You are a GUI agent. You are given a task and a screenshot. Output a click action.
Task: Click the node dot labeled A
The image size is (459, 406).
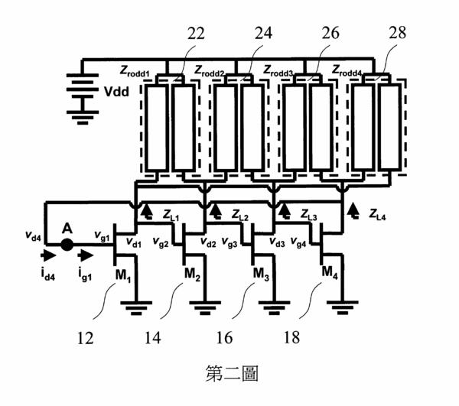(x=67, y=245)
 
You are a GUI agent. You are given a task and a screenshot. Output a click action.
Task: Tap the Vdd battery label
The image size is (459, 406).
(x=116, y=92)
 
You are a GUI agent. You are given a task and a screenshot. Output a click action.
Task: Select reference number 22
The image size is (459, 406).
(x=196, y=34)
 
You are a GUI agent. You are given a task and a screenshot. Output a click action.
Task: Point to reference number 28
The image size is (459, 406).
(x=397, y=32)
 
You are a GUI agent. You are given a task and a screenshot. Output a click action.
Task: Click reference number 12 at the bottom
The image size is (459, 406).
(x=85, y=338)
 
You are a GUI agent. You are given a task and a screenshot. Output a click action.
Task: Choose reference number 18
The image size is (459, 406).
(x=291, y=337)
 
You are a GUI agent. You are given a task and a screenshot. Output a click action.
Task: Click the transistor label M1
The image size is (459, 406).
(x=123, y=275)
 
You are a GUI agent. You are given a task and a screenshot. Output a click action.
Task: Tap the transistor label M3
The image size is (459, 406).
(x=261, y=274)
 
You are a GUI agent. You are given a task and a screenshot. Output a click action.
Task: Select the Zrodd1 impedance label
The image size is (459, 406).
(x=135, y=71)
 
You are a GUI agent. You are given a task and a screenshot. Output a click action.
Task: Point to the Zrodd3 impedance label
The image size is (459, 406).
(x=278, y=71)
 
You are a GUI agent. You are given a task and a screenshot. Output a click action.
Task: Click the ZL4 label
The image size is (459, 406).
(x=377, y=214)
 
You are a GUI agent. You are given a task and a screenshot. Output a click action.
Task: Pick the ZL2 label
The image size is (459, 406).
(x=240, y=215)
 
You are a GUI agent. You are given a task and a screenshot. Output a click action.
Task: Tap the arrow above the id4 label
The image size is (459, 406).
(x=48, y=255)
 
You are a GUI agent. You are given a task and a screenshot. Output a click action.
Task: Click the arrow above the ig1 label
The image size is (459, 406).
(x=86, y=255)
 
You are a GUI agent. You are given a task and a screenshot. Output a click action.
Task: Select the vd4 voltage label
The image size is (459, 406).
(x=33, y=235)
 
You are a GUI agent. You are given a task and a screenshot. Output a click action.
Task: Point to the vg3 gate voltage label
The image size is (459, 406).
(x=229, y=242)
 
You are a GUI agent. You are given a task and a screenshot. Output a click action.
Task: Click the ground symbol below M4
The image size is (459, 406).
(x=343, y=307)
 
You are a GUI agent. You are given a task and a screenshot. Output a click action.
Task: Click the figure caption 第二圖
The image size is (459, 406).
(x=232, y=374)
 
